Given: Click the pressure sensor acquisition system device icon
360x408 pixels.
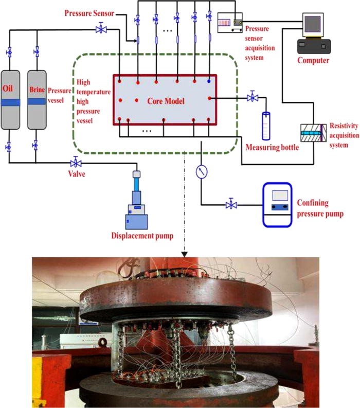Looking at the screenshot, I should (x=230, y=23).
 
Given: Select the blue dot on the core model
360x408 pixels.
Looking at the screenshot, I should (x=209, y=81).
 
